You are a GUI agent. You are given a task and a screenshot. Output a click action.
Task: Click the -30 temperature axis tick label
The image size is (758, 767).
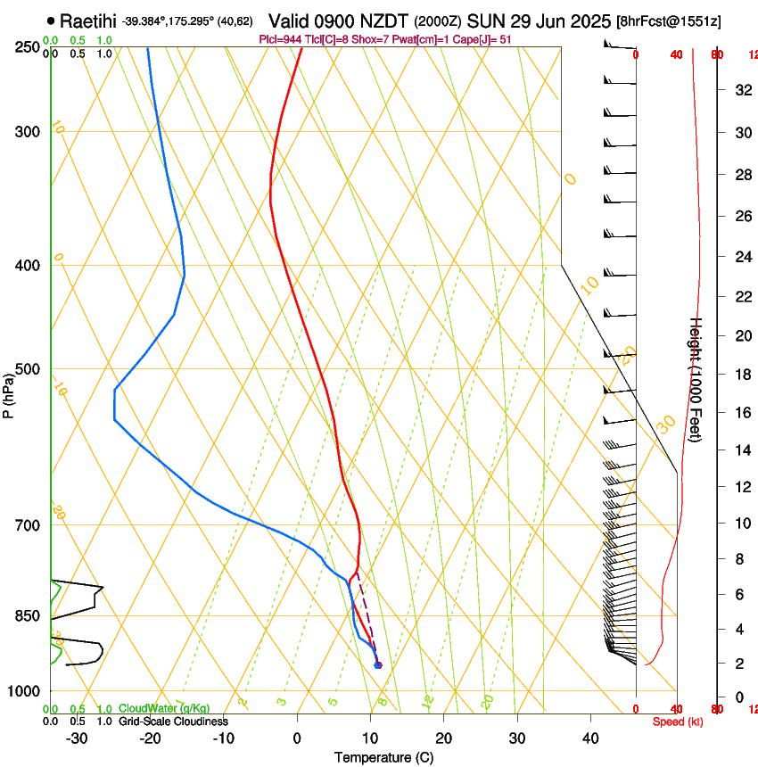tap(77, 738)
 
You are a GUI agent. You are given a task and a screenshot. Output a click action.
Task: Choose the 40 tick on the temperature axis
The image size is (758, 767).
tap(590, 738)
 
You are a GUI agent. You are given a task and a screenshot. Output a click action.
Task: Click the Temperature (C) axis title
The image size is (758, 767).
tap(383, 757)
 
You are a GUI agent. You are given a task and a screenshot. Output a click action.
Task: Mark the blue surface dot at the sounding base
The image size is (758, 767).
tap(378, 664)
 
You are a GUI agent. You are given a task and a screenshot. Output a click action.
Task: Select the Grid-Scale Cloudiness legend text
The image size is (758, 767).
tap(173, 721)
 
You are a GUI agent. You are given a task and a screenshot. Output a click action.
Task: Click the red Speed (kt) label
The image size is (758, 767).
tap(678, 722)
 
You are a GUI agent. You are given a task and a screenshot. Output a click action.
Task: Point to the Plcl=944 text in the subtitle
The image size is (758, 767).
tap(280, 39)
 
